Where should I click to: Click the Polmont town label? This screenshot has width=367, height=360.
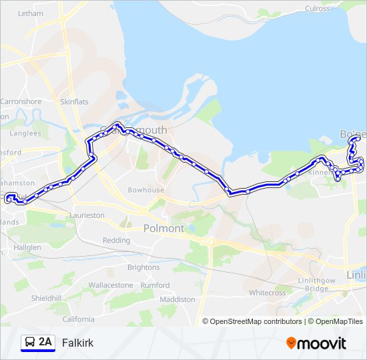(163, 228)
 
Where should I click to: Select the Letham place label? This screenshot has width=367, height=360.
(30, 13)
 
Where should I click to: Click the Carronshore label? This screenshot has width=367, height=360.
(21, 102)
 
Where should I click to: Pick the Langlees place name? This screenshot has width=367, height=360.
(26, 133)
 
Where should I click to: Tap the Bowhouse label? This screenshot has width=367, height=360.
(146, 190)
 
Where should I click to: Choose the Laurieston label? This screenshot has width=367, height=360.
(87, 215)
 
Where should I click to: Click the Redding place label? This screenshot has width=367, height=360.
(116, 240)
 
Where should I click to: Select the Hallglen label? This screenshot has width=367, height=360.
(27, 247)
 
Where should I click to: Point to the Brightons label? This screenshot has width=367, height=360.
(143, 267)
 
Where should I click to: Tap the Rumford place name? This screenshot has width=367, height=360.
(155, 285)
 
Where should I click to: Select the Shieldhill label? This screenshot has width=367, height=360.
(47, 298)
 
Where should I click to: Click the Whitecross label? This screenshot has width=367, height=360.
(267, 292)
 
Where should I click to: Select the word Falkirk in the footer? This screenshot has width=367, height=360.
(77, 343)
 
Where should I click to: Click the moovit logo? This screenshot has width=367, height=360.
(316, 343)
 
